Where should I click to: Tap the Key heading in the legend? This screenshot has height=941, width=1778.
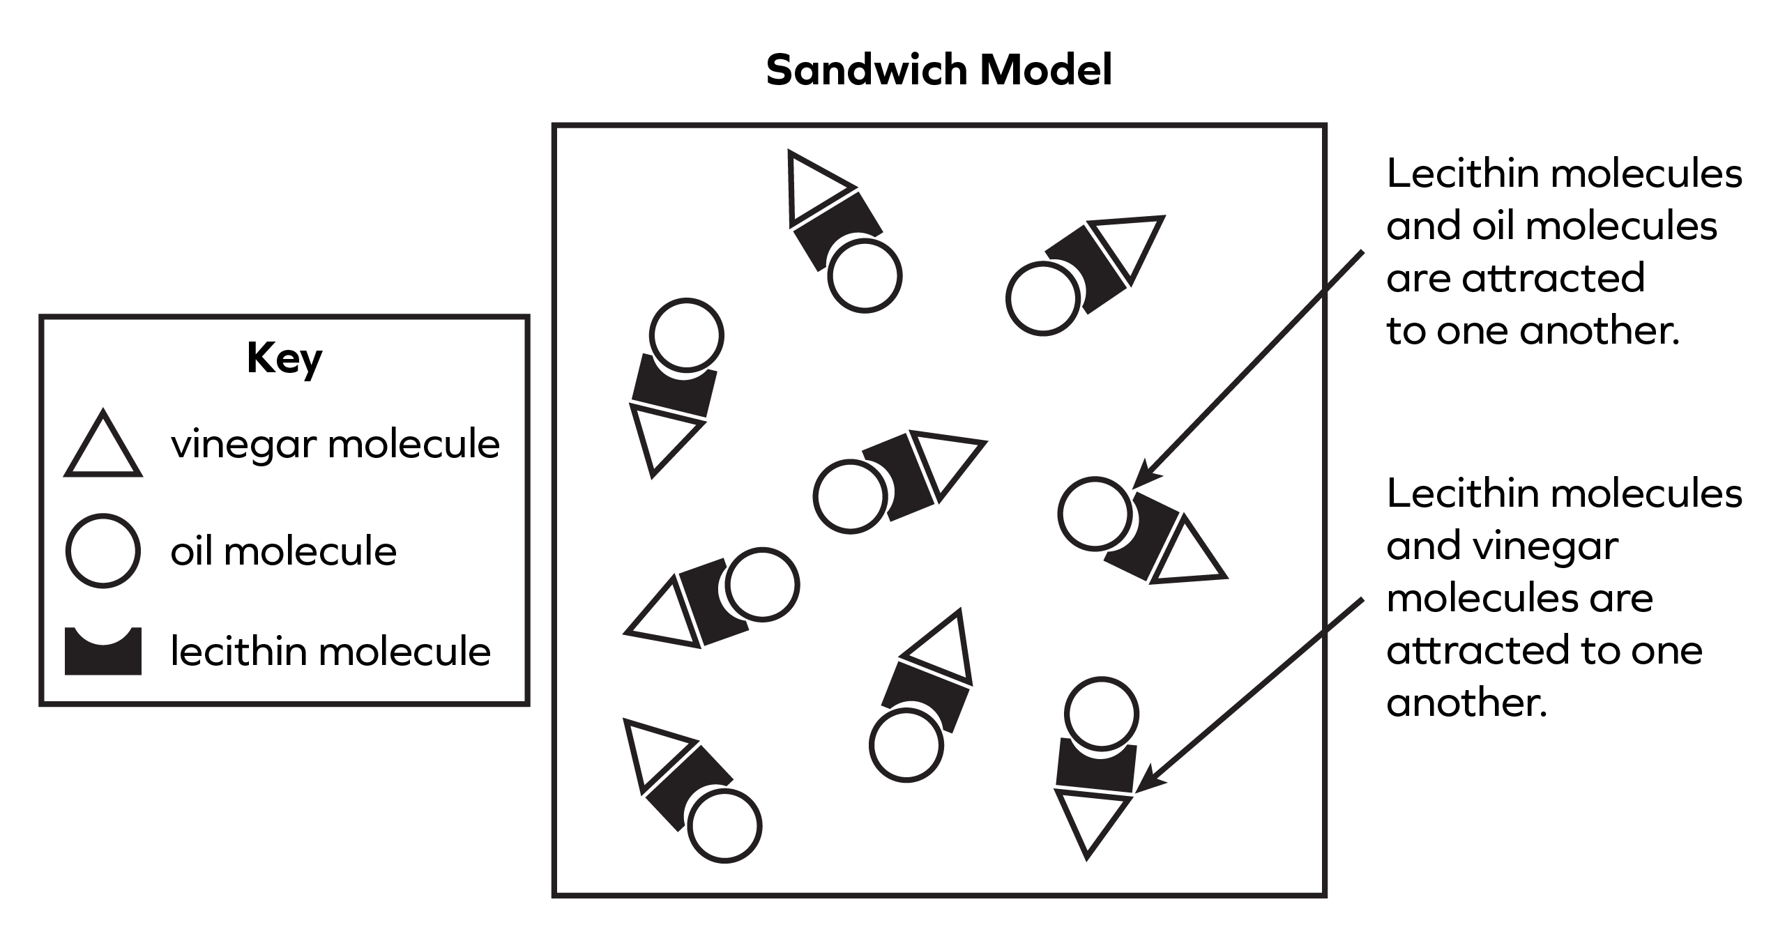click(284, 359)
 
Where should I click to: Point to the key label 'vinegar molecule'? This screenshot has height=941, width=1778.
click(335, 444)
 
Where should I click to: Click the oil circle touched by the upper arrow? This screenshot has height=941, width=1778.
click(1094, 513)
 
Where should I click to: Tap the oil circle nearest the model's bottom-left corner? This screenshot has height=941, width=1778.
click(724, 826)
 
